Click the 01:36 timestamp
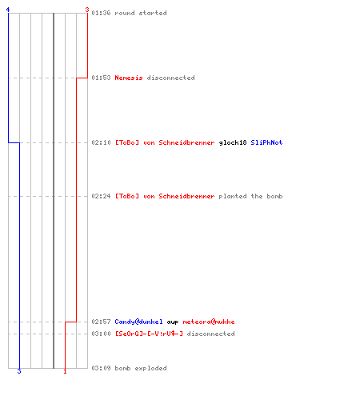click(x=101, y=13)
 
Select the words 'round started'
click(x=141, y=13)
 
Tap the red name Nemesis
click(x=129, y=78)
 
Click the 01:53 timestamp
click(x=101, y=78)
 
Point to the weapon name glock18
click(x=233, y=142)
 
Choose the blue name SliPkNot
click(x=266, y=142)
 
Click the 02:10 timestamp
click(x=101, y=142)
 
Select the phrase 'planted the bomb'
click(x=250, y=196)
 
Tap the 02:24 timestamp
click(x=101, y=196)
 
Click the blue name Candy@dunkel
click(x=138, y=322)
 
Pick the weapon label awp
click(x=173, y=322)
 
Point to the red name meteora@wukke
click(x=209, y=322)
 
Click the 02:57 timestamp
click(x=101, y=322)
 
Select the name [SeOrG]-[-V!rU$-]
click(x=149, y=334)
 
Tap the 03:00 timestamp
click(x=101, y=334)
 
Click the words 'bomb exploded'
click(x=141, y=368)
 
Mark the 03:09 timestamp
click(x=101, y=368)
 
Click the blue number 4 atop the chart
click(x=8, y=10)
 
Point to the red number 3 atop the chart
click(x=87, y=10)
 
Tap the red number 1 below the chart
click(x=65, y=371)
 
